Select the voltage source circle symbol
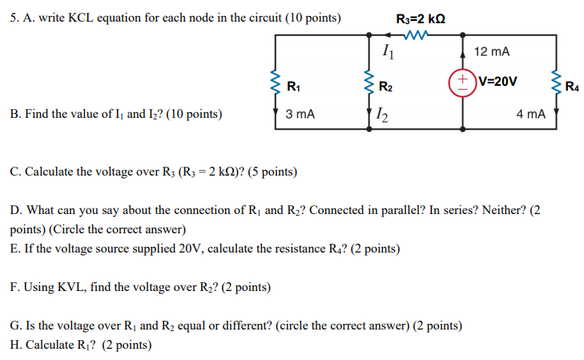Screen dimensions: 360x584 pos(464,83)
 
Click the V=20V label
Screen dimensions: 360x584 pos(497,82)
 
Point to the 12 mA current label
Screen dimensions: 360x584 pos(491,51)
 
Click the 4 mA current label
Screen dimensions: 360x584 pos(530,115)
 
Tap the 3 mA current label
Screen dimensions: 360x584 pos(300,115)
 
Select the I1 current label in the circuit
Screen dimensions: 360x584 pos(388,54)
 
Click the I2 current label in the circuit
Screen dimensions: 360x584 pos(389,116)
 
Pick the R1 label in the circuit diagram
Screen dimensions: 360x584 pos(293,86)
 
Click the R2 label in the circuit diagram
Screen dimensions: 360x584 pos(385,86)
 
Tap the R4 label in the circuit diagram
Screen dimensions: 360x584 pos(573,86)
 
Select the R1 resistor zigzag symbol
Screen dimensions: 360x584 pos(276,83)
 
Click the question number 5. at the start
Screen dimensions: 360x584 pos(15,18)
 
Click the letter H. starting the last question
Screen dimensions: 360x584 pos(15,345)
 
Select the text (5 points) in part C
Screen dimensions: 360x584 pos(268,172)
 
